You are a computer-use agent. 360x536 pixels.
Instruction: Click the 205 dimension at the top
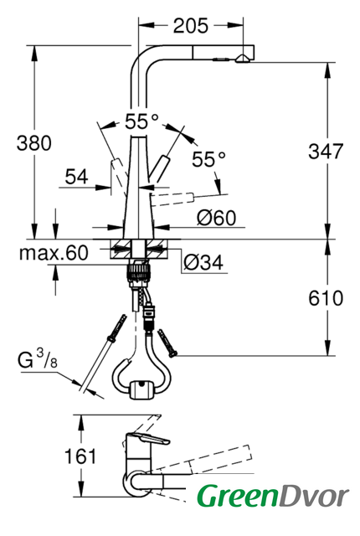tap(191, 26)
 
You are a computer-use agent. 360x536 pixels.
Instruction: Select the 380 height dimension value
tap(34, 143)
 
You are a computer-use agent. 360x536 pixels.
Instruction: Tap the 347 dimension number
tap(326, 151)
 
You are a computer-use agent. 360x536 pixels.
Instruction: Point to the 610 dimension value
tap(326, 298)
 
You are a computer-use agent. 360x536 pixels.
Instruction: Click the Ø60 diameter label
tap(216, 218)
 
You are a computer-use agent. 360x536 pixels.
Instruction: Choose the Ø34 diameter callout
tap(203, 262)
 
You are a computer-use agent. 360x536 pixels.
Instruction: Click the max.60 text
tap(54, 253)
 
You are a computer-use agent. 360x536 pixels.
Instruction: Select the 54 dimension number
tap(76, 177)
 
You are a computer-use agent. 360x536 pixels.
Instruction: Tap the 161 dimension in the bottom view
tap(80, 456)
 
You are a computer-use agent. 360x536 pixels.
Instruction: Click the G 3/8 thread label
tap(38, 359)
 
